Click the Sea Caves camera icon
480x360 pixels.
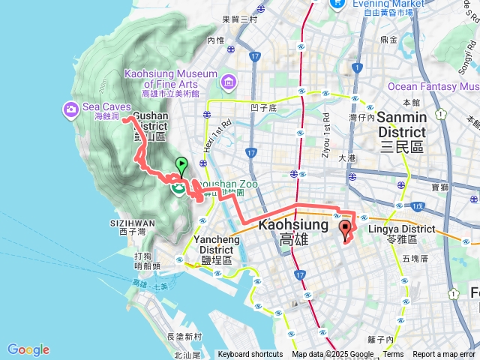point(71,111)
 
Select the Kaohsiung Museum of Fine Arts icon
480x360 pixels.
point(227,79)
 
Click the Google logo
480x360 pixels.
point(28,349)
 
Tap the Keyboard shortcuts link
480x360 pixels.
point(250,355)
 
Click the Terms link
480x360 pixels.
point(393,355)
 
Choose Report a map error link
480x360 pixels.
point(445,355)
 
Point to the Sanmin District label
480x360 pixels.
point(401,118)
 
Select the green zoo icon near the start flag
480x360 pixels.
point(178,187)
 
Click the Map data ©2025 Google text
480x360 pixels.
point(332,355)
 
